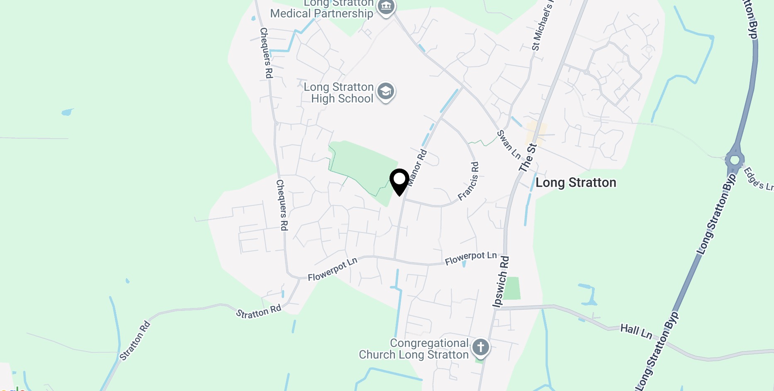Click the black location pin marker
point(399,181)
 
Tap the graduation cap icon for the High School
point(385,91)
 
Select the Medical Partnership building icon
point(386,7)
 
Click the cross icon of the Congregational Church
point(480,347)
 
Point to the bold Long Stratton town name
point(576,183)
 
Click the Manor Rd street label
point(417,167)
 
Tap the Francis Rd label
point(469,181)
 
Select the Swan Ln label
point(509,144)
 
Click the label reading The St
point(528,157)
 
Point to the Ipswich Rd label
point(501,282)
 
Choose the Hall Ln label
point(636,331)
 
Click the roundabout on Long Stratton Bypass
point(735,159)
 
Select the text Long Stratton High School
point(339,93)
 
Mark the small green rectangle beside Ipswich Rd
point(512,288)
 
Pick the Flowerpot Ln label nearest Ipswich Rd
point(470,258)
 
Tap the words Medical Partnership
point(321,14)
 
